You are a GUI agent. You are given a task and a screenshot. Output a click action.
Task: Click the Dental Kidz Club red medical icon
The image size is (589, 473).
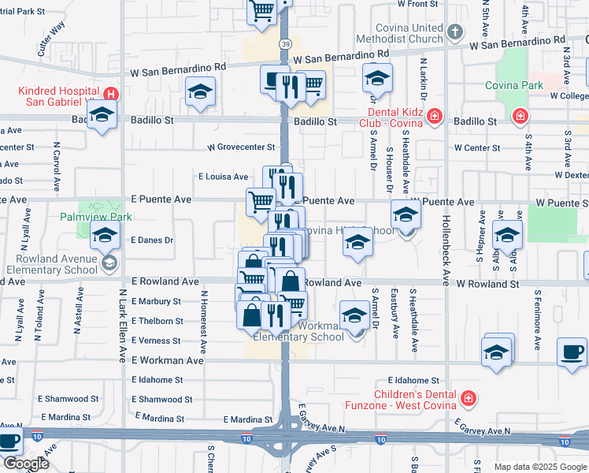tap(435, 118)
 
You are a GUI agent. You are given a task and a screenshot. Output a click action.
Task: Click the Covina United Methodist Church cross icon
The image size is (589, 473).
tap(454, 32)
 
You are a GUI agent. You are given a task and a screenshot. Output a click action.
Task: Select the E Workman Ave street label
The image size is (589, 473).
tap(167, 360)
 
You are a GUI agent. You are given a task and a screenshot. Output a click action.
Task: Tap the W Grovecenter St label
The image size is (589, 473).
tap(241, 147)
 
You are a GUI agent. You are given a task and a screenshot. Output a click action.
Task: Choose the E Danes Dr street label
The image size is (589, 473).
tap(152, 240)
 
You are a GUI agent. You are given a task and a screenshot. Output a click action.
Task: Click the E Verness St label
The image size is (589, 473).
tap(157, 341)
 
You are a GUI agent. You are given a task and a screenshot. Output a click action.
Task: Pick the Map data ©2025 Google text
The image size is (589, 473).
tap(539, 467)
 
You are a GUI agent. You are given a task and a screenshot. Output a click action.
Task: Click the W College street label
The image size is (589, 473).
tap(569, 96)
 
